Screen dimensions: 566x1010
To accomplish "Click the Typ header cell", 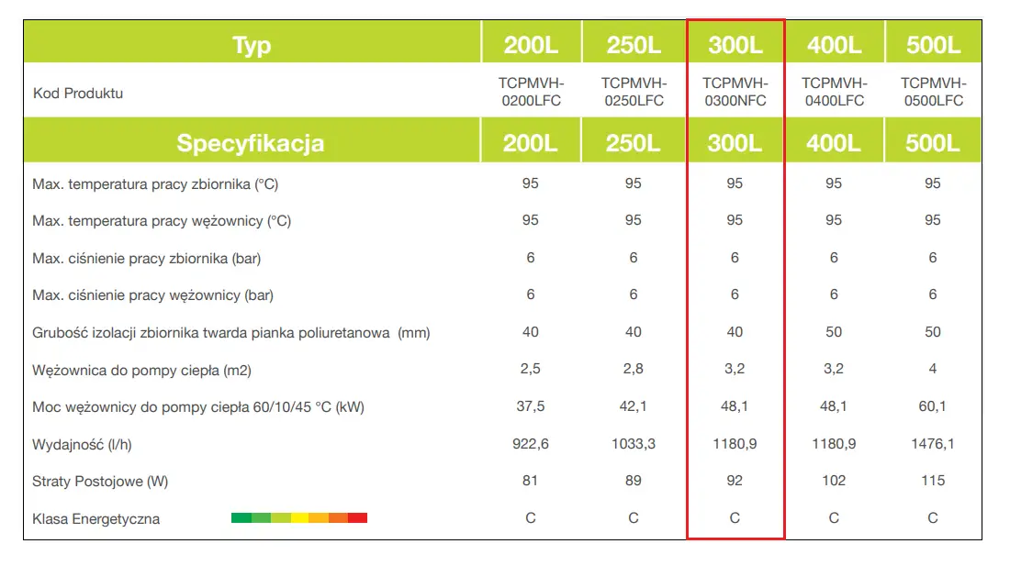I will pos(252,45).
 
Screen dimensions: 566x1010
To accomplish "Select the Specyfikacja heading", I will pos(250,143).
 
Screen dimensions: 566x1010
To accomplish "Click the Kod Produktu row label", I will pos(78,93).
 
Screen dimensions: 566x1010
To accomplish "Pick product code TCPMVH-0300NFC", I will pos(735,92).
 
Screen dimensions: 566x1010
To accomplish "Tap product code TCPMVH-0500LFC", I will pos(933,92).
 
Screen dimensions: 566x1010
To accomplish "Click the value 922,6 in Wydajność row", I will pos(531,444).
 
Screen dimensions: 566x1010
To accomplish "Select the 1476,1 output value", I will pos(933,444).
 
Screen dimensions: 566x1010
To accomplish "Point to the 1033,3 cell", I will pos(634,444).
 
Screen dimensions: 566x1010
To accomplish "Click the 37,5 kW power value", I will pos(531,406).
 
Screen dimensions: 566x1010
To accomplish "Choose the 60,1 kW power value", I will pos(933,406).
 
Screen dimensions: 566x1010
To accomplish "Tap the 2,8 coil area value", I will pos(634,369).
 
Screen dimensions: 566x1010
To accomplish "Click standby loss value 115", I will pos(933,481).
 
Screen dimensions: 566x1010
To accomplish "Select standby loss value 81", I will pos(531,481).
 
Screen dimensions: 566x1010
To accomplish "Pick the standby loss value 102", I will pos(834,481).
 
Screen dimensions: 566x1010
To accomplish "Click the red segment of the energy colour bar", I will pos(357,518).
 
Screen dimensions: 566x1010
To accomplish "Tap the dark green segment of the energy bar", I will pos(241,518).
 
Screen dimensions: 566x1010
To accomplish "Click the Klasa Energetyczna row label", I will pos(95,519).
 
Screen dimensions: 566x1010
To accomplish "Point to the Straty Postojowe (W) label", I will pos(100,481).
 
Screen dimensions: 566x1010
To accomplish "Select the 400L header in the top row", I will pos(834,45).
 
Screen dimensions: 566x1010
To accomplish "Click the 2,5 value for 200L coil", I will pos(531,369).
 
